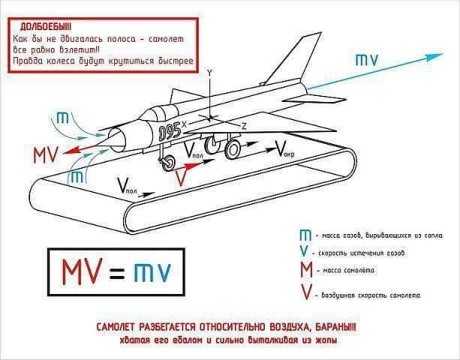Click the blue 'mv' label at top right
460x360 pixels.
tap(367, 59)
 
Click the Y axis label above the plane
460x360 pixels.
tap(210, 71)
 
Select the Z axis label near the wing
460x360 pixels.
tap(244, 125)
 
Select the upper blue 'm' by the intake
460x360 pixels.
tap(65, 118)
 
